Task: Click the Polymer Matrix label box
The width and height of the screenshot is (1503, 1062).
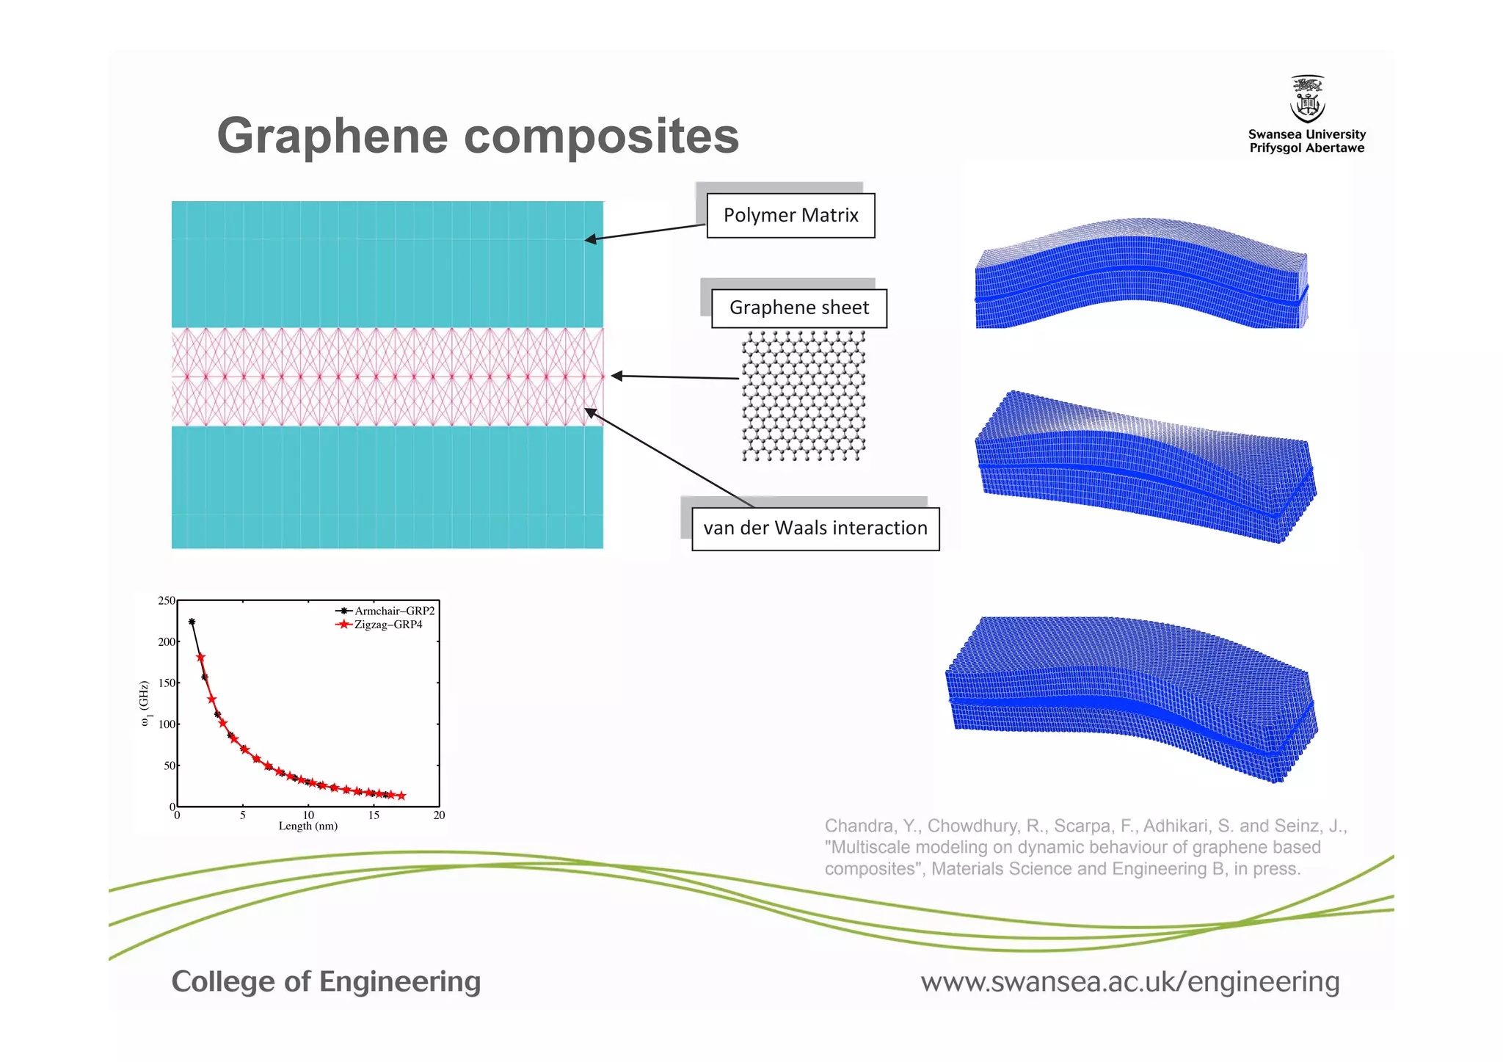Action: pyautogui.click(x=790, y=215)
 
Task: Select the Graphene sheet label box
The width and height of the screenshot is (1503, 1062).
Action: pyautogui.click(x=798, y=308)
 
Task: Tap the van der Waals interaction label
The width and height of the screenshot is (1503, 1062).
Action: pyautogui.click(x=815, y=528)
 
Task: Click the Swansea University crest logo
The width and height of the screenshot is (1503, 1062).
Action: pyautogui.click(x=1307, y=100)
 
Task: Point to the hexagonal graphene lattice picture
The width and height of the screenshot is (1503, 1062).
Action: pyautogui.click(x=803, y=395)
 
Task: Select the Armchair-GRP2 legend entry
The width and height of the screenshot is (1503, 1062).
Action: pyautogui.click(x=393, y=611)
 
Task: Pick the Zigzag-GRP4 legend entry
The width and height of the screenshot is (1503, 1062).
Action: pyautogui.click(x=387, y=625)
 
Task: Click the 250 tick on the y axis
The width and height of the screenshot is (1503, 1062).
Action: pyautogui.click(x=167, y=600)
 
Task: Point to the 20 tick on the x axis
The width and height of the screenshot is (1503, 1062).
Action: pyautogui.click(x=439, y=815)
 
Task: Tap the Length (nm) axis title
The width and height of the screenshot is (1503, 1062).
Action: pyautogui.click(x=307, y=826)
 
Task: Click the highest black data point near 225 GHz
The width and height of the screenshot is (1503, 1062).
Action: pyautogui.click(x=192, y=622)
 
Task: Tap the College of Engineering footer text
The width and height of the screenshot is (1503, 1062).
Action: pyautogui.click(x=326, y=981)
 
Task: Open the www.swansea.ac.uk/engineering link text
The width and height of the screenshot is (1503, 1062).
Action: pyautogui.click(x=1129, y=981)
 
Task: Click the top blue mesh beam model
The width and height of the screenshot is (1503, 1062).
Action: pyautogui.click(x=1141, y=275)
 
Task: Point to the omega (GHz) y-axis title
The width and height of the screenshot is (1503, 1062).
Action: pyautogui.click(x=145, y=704)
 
